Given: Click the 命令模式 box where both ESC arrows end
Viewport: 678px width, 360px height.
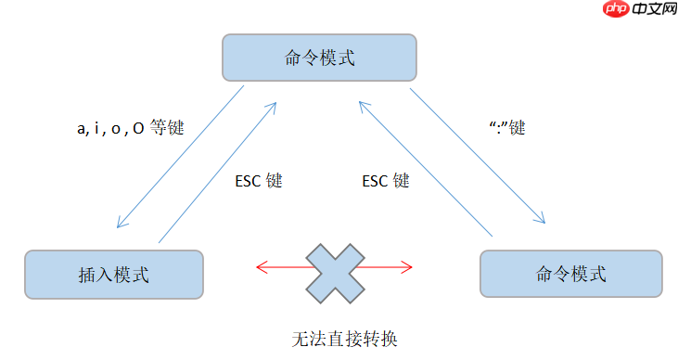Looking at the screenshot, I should click(x=319, y=58).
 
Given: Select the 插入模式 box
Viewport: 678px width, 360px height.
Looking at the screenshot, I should click(x=114, y=274).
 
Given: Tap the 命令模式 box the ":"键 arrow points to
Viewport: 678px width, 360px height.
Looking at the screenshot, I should click(x=570, y=274).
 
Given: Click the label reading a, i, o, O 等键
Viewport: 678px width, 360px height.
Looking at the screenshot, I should click(x=130, y=129).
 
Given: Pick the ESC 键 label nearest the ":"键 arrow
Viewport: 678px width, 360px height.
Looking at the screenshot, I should click(x=385, y=181).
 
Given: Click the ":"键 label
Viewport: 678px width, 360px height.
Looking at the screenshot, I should click(x=506, y=128).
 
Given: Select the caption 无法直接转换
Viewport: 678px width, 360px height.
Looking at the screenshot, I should click(x=344, y=339).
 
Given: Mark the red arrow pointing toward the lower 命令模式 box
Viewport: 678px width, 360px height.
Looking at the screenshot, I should click(x=390, y=269).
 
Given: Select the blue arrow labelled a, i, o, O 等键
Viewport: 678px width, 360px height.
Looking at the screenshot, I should click(x=180, y=158).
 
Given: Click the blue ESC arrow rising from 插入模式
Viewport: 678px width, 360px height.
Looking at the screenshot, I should click(x=218, y=172).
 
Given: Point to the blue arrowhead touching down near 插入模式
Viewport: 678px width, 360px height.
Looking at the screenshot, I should click(x=121, y=224).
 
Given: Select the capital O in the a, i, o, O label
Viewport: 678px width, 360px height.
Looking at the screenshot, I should click(x=137, y=129).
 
